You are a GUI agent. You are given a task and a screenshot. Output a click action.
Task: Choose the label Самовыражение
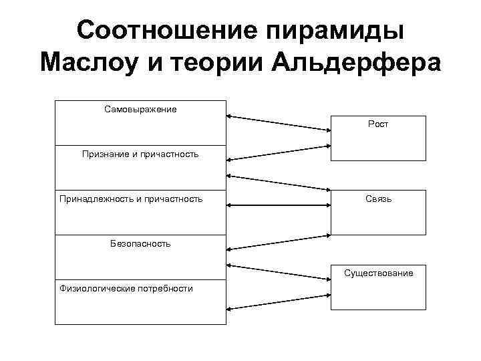coord(140,108)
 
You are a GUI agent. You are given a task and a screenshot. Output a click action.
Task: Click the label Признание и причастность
coord(140,154)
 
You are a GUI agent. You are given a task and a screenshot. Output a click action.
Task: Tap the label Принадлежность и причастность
coord(131,199)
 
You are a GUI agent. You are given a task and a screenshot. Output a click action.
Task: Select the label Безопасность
coord(140,243)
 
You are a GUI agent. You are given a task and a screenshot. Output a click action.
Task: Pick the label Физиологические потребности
coord(126,288)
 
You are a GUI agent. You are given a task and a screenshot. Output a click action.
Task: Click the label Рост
coord(378,124)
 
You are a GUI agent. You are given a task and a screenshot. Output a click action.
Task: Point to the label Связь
coord(378,199)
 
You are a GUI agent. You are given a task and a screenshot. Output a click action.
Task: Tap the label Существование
coord(378,273)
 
